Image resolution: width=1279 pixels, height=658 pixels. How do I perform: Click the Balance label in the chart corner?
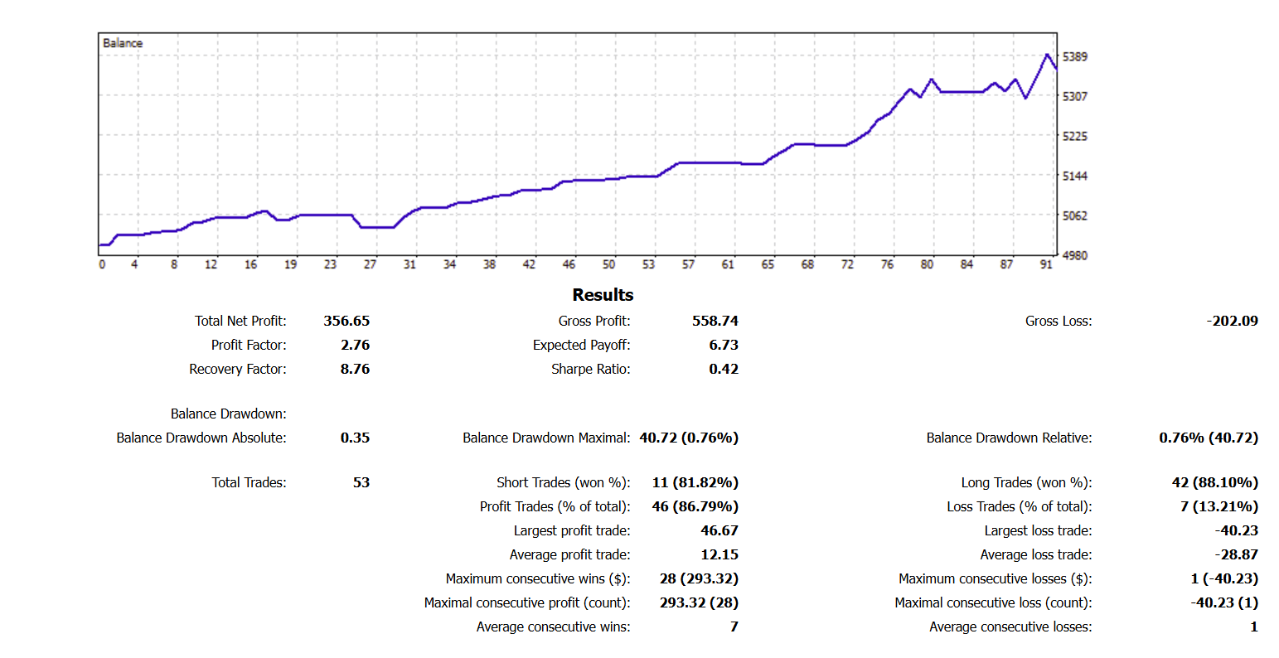[x=123, y=43]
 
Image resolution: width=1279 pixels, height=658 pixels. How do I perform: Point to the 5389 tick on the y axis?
[x=1075, y=56]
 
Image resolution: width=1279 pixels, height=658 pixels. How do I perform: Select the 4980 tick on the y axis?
[x=1075, y=255]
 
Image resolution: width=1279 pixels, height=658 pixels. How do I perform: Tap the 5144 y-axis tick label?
[x=1075, y=176]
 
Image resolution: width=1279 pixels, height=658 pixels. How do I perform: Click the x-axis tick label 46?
[x=569, y=264]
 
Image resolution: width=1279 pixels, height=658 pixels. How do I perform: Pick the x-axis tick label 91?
[x=1046, y=264]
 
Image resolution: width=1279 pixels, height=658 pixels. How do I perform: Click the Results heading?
[x=603, y=295]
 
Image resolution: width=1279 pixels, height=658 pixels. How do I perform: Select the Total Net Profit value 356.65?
[x=346, y=321]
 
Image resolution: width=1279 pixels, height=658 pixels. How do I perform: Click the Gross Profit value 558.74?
[x=715, y=321]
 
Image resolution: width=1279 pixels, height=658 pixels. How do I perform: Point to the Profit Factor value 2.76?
[x=355, y=345]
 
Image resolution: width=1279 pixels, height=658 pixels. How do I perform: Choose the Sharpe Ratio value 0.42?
[x=723, y=369]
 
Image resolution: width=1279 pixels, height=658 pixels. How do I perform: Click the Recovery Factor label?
[x=237, y=369]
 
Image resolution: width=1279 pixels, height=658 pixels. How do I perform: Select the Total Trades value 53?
[x=361, y=482]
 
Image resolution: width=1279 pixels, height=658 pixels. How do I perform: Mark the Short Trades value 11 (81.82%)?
[x=695, y=482]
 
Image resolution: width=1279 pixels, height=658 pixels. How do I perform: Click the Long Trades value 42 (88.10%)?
[x=1214, y=482]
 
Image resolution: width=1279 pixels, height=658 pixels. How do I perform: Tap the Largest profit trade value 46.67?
[x=719, y=530]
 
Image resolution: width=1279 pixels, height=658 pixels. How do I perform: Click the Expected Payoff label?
[x=581, y=345]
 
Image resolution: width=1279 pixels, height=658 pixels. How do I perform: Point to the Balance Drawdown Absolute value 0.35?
[x=355, y=438]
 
